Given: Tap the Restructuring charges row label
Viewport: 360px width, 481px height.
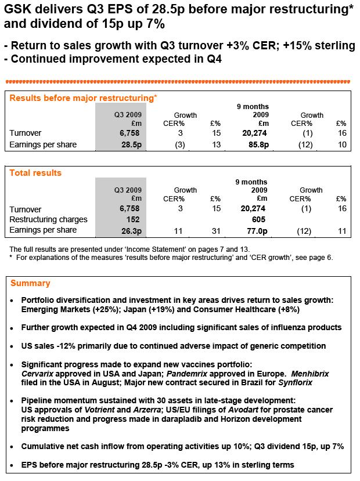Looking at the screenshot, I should click(49, 219).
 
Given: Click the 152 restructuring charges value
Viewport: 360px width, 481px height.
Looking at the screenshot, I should click(135, 219).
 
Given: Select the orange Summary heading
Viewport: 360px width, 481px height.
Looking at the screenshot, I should click(30, 283).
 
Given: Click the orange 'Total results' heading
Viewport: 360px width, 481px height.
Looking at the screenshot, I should click(35, 173).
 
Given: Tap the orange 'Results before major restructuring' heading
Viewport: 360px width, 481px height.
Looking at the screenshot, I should click(81, 98).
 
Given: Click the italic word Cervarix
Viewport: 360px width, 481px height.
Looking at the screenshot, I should click(38, 374).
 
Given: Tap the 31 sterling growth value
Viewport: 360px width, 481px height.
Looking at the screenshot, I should click(215, 230).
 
